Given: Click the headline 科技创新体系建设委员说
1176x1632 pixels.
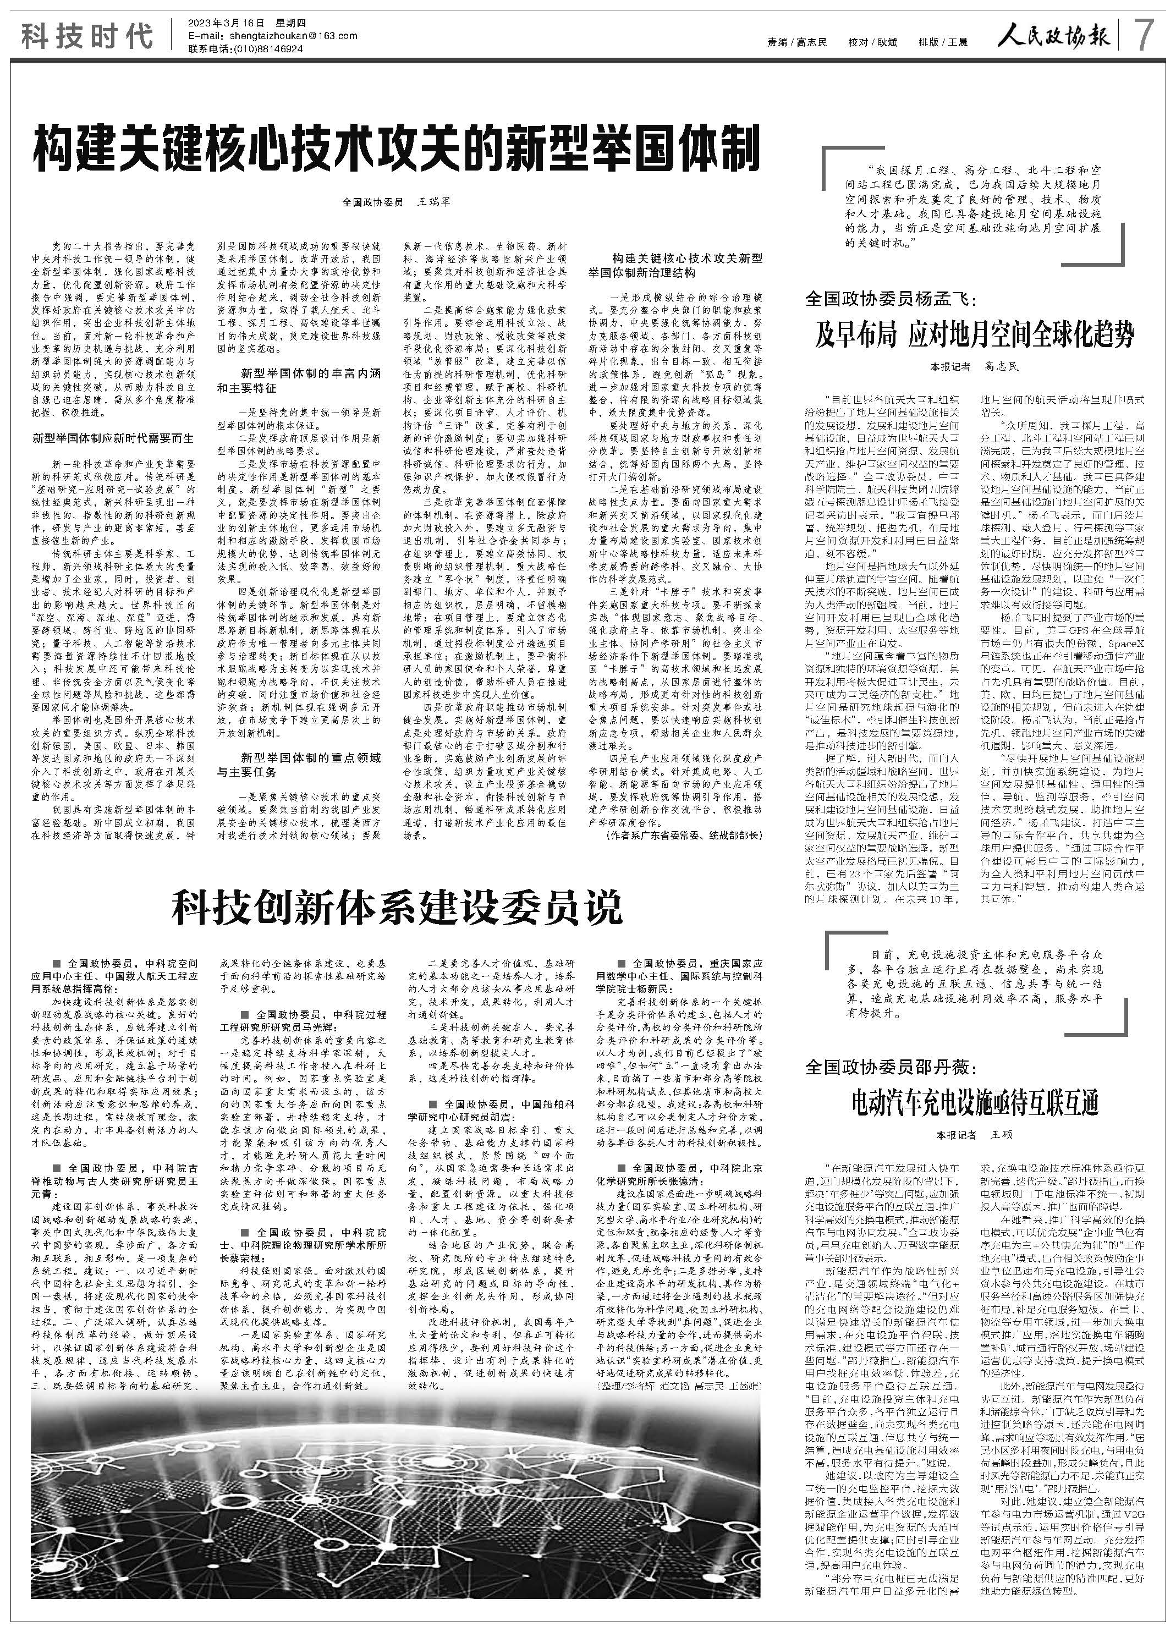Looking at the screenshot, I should click(x=397, y=908).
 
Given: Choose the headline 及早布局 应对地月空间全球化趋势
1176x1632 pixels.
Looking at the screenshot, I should click(x=975, y=336).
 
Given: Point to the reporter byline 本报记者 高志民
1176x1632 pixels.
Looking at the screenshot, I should click(x=975, y=367).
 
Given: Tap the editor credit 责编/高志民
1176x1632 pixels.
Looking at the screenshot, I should click(x=796, y=42).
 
